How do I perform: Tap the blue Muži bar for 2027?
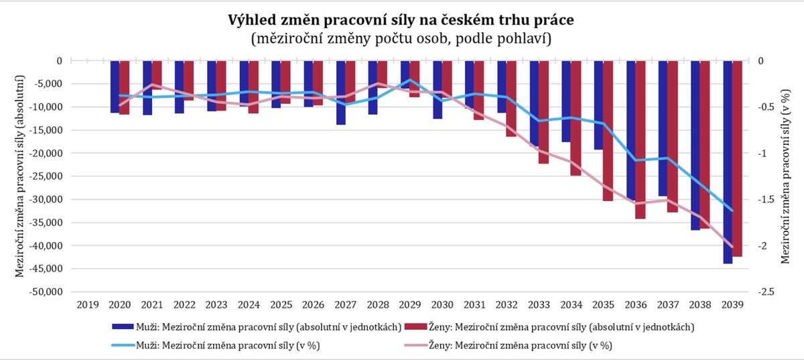[x=341, y=93]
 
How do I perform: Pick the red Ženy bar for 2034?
[x=576, y=118]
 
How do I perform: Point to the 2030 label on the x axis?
[x=442, y=305]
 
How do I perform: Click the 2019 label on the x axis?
[x=87, y=305]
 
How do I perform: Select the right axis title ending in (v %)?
[x=786, y=176]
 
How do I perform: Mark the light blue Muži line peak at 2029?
[x=409, y=80]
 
